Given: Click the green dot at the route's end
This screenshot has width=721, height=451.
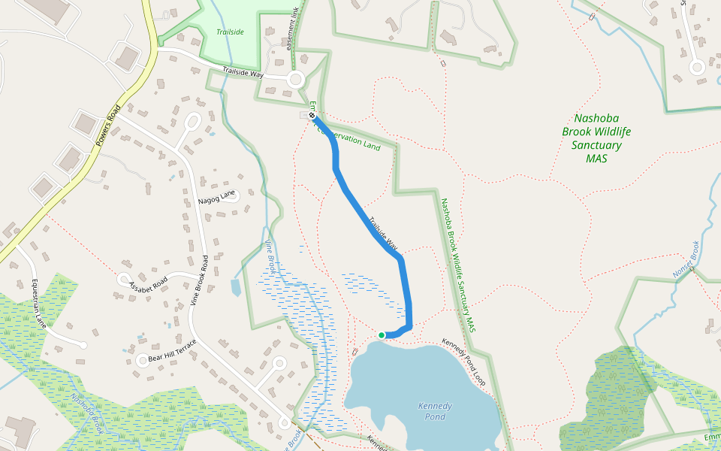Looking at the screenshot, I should pos(382,335).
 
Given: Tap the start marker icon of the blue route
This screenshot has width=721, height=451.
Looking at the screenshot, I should pos(312,116).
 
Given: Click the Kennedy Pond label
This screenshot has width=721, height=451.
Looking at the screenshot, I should pos(435,411).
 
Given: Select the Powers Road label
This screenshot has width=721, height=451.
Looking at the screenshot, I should pos(107,125).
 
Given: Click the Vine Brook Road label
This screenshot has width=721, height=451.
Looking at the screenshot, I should pos(199,280).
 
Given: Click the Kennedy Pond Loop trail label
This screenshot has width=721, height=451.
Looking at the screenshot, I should pos(463,362).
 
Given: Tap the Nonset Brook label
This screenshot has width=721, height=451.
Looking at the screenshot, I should pos(686,259).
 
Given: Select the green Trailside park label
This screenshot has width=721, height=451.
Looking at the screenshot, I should pos(231,32).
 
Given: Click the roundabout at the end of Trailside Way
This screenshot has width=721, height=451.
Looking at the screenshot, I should pos(295,79).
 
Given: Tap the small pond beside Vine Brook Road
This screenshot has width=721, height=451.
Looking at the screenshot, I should pos(236,287).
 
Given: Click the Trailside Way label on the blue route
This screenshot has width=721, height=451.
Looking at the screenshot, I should pos(383,234).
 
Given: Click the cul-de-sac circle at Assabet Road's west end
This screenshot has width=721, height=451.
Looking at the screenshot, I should pos(123,279).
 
